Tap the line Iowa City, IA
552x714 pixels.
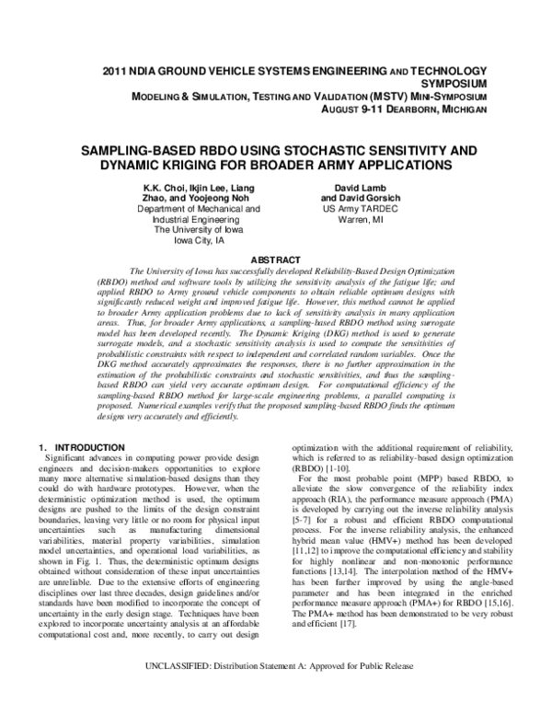tap(199, 241)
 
